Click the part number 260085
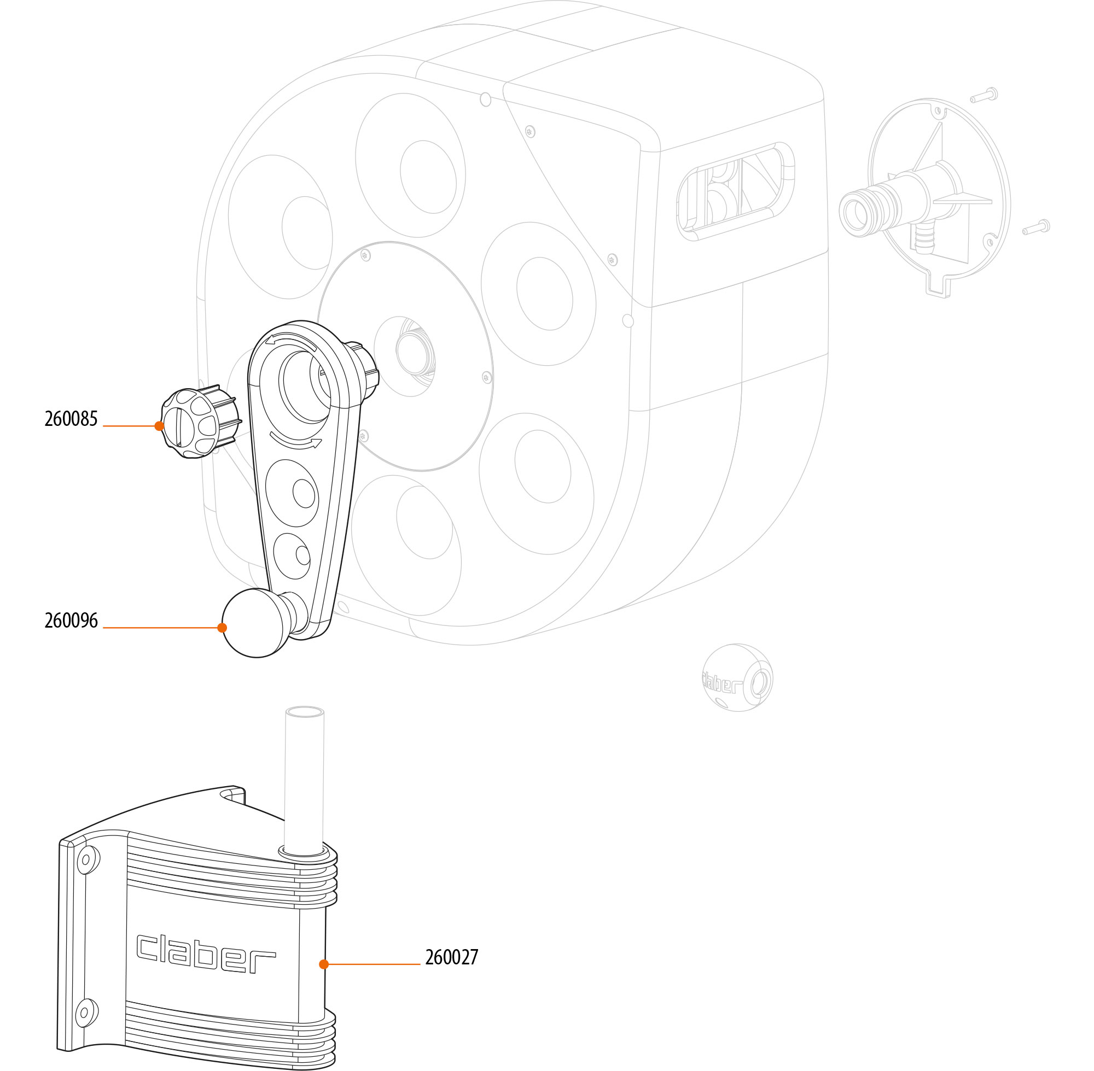(x=71, y=419)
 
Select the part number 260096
(x=71, y=621)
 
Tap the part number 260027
(x=451, y=957)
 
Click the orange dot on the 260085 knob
(x=159, y=426)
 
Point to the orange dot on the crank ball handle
(x=222, y=628)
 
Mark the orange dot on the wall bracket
(x=324, y=964)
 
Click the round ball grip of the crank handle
(x=255, y=622)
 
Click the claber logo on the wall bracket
(x=206, y=953)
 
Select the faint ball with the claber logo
(x=737, y=678)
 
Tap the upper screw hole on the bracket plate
(x=86, y=859)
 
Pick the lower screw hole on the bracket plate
(x=85, y=1013)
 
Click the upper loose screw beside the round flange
(x=984, y=96)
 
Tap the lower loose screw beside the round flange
(x=1036, y=227)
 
